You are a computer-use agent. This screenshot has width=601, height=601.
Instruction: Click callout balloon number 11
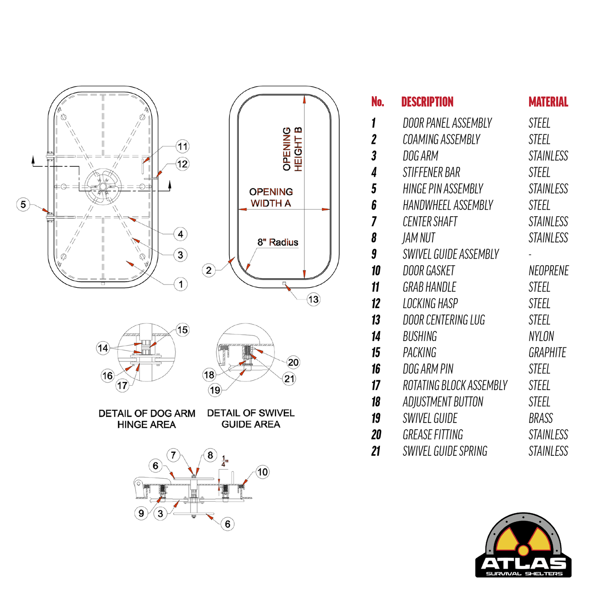(183, 146)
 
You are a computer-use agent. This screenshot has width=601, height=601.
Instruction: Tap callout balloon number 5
(23, 204)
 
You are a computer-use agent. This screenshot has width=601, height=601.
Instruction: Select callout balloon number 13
(313, 299)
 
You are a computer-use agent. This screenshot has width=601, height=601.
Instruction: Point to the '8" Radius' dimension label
(278, 242)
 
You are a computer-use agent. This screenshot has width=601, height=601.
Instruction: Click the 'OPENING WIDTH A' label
(271, 198)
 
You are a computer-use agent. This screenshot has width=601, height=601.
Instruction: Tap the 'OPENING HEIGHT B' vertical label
(292, 149)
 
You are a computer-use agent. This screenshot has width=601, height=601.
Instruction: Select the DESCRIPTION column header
(427, 102)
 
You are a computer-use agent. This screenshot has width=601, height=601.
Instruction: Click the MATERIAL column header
(548, 102)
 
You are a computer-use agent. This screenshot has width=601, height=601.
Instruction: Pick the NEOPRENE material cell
(549, 271)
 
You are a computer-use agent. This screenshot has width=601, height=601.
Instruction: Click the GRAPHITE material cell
(547, 353)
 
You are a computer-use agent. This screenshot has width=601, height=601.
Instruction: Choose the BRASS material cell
(541, 418)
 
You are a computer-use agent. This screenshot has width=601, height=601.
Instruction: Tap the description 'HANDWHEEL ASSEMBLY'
(448, 205)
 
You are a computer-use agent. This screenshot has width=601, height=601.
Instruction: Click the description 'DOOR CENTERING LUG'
(444, 320)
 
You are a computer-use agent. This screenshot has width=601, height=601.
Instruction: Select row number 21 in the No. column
(376, 451)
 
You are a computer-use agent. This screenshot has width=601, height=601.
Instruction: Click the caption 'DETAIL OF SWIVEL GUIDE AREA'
(251, 418)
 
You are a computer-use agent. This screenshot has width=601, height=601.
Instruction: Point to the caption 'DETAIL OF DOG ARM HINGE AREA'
(147, 419)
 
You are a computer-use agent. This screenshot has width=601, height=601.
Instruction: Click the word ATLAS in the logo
(523, 563)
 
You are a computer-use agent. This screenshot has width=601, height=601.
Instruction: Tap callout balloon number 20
(293, 362)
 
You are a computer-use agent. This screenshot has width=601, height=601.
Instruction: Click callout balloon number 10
(262, 472)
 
